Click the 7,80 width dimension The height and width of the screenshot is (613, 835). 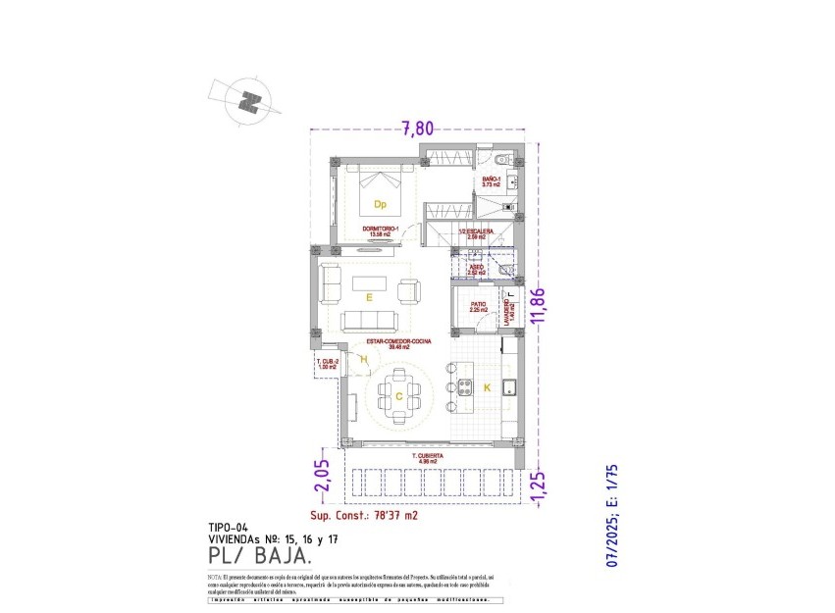pos(416,127)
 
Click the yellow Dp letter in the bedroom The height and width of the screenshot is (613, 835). pos(380,205)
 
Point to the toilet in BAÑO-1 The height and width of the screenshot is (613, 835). pos(500,159)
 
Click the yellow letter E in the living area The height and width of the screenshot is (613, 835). pos(369,295)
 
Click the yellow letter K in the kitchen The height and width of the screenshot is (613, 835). pos(488,388)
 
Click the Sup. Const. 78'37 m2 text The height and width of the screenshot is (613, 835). pos(364,515)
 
